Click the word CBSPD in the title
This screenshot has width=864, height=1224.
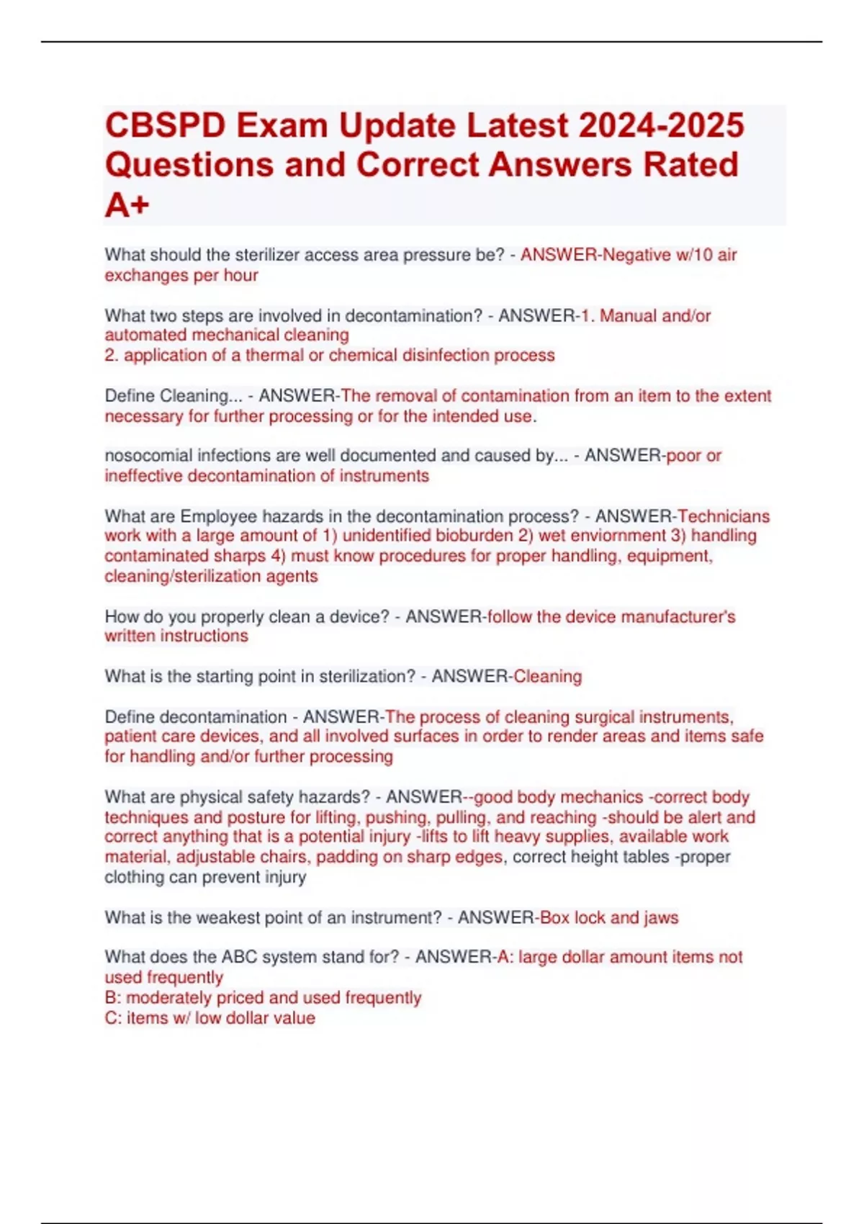click(x=164, y=126)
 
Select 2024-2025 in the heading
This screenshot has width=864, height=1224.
click(x=661, y=126)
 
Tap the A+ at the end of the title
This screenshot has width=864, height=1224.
click(x=127, y=205)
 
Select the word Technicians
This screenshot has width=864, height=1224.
click(x=724, y=516)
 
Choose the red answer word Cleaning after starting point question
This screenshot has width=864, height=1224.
click(x=547, y=677)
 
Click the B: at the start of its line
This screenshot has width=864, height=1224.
click(x=113, y=998)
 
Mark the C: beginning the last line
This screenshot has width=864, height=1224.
click(x=113, y=1018)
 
